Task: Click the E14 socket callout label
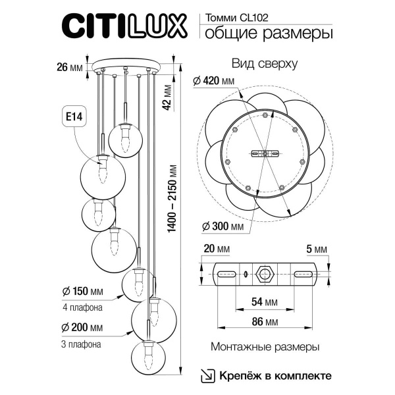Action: [74, 117]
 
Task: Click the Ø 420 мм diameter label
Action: [214, 81]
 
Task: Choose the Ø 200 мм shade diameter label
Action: [83, 327]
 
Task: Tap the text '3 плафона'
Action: [81, 343]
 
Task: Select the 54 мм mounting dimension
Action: [265, 302]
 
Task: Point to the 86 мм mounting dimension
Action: [265, 323]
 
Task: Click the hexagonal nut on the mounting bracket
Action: [265, 273]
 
